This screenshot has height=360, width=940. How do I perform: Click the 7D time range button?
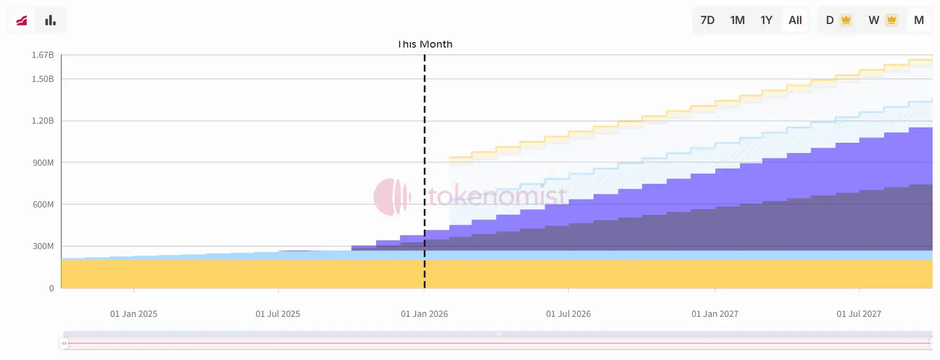click(x=707, y=20)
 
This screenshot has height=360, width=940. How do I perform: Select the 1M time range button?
click(x=737, y=20)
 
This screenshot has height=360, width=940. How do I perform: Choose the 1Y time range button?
click(x=766, y=20)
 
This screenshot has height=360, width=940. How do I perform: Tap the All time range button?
click(x=795, y=20)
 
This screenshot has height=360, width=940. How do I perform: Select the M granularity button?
click(x=918, y=20)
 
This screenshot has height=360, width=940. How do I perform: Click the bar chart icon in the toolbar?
click(x=50, y=20)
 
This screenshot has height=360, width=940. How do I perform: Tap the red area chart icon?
click(x=22, y=20)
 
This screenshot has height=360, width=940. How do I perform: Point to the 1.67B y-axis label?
click(x=43, y=55)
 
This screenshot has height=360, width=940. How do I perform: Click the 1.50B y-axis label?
click(x=43, y=79)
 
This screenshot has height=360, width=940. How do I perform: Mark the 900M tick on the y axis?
click(x=43, y=163)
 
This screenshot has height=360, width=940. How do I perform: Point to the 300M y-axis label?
click(x=43, y=246)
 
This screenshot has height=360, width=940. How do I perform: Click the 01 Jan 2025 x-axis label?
click(x=133, y=314)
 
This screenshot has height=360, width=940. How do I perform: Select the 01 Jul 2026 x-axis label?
click(x=568, y=314)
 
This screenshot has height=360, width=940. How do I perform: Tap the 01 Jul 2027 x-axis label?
click(x=859, y=314)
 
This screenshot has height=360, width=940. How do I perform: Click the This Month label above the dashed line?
click(x=425, y=44)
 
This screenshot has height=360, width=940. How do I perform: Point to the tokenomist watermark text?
click(x=497, y=196)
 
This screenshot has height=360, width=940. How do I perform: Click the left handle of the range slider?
click(x=64, y=343)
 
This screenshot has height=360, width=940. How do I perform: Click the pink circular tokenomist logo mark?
click(x=391, y=197)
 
